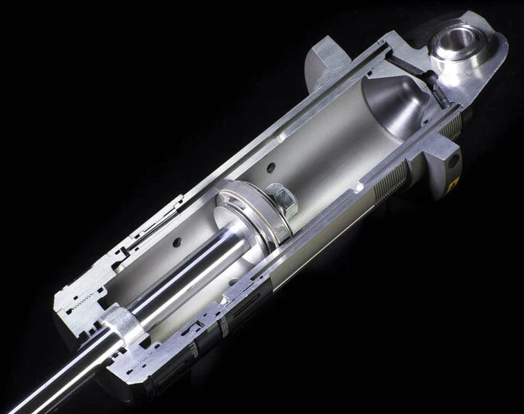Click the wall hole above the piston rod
coord(177,242)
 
